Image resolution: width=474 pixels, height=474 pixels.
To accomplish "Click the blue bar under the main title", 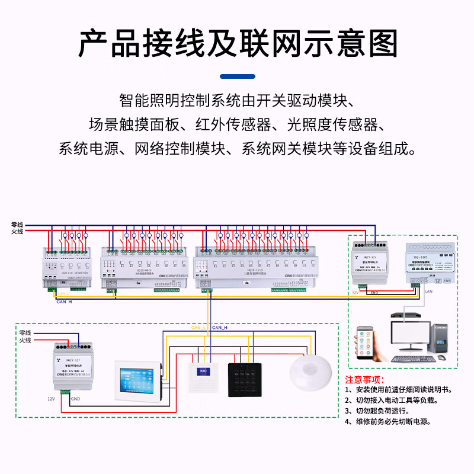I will coord(237,76).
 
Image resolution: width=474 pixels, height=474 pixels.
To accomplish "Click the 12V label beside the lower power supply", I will coord(51,399).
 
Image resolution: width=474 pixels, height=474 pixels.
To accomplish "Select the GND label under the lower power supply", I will coord(75,399).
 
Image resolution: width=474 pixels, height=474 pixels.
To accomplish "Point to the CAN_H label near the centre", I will coord(220,327).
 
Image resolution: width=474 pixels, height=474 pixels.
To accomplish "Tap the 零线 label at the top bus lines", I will coord(17,225).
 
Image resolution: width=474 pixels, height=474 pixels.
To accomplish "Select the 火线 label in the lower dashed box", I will coord(25,340).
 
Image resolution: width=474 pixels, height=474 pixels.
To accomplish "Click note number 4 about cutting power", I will coord(388,422).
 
